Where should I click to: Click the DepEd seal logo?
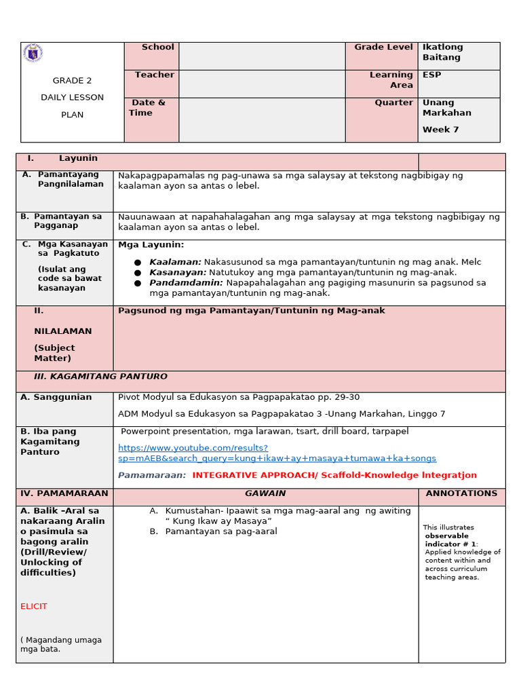point(33,54)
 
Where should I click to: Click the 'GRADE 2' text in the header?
point(72,80)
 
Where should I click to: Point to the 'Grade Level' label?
point(383,48)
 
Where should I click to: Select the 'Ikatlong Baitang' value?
point(442,52)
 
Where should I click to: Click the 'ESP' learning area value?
point(431,75)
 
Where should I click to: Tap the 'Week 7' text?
point(440,130)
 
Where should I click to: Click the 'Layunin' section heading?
point(78,158)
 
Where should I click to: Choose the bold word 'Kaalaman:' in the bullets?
point(175,262)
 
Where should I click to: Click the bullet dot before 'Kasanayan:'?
point(138,273)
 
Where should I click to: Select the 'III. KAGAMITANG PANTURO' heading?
point(100,377)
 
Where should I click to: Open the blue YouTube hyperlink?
point(277,453)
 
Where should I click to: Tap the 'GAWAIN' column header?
point(265,493)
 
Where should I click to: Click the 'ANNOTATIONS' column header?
point(461,493)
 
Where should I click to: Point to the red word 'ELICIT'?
point(34,606)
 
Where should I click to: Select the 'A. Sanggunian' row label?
point(56,398)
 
